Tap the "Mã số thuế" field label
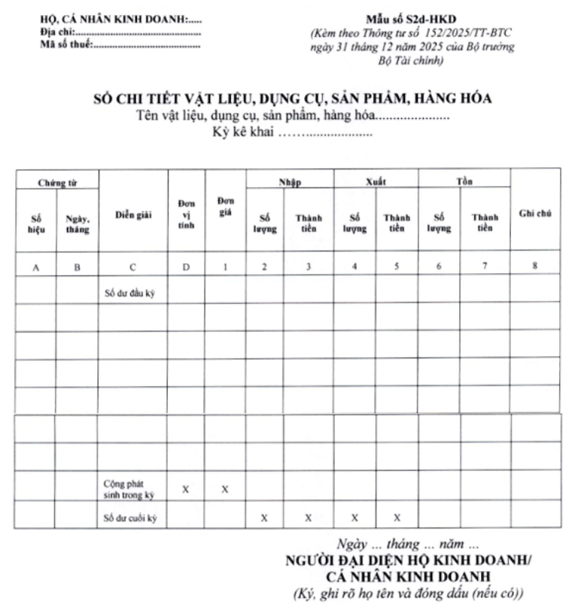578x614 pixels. coord(67,45)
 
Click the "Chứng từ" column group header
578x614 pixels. coord(58,182)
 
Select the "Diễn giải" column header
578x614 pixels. coord(133,214)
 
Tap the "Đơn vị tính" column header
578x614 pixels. coord(186,215)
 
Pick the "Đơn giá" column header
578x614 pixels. coord(224,205)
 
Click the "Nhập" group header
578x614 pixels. coord(290,182)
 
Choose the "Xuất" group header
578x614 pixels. coord(376,182)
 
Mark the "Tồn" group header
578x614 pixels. coord(464,182)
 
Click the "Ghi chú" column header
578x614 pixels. coord(535,214)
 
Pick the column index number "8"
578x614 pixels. coord(534,265)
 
